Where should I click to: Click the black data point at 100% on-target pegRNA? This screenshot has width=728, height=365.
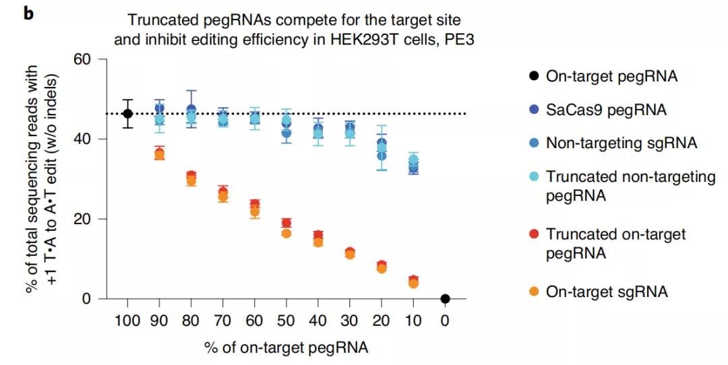(127, 114)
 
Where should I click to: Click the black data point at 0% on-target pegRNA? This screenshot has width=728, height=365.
(445, 298)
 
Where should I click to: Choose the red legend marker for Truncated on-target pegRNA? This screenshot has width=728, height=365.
(534, 234)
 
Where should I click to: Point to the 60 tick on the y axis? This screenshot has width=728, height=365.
(82, 59)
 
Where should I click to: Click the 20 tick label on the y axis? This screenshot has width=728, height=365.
(82, 219)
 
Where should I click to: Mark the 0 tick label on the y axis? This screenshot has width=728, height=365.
(86, 298)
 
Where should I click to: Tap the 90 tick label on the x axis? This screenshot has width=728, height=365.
(160, 319)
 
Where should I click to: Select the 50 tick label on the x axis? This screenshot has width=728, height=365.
(286, 319)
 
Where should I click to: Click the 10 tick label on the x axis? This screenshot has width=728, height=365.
(413, 319)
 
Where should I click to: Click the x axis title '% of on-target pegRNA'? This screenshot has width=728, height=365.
(286, 347)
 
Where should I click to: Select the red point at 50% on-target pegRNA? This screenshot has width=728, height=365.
(286, 223)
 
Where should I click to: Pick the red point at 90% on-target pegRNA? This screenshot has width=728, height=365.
(160, 152)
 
